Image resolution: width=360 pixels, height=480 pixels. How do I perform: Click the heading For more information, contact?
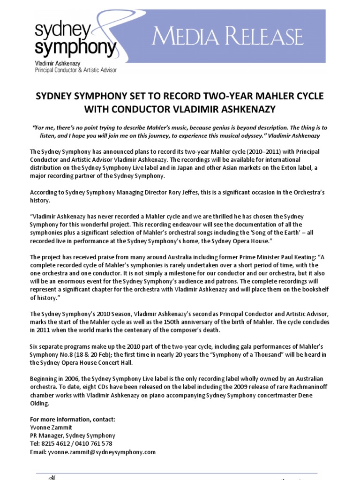pos(72,419)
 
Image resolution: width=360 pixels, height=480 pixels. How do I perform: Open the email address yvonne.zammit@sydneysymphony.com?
pos(101,452)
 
